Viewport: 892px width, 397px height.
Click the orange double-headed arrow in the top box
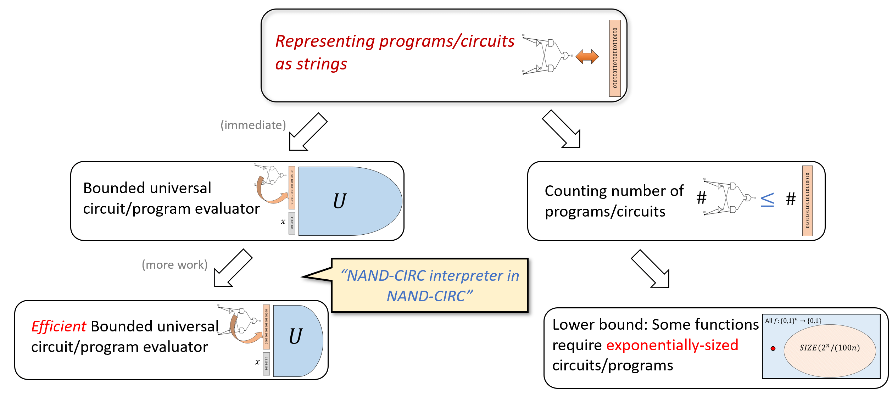tap(587, 57)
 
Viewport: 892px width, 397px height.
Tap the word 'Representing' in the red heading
tap(325, 41)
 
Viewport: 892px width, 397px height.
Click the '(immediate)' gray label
tap(253, 125)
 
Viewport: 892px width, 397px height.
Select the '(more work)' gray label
tap(174, 265)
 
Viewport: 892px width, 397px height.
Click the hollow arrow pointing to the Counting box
tap(562, 130)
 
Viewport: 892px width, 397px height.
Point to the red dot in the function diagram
tap(773, 348)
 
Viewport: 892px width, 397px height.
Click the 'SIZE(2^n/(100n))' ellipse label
tap(829, 348)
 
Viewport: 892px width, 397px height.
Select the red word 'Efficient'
tap(58, 326)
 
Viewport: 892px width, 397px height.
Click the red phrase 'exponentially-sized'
tap(672, 345)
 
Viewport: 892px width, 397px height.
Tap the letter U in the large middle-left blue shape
tap(339, 201)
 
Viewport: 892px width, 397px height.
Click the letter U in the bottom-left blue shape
tap(295, 336)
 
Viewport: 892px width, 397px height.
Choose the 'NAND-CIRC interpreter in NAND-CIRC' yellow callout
tap(429, 286)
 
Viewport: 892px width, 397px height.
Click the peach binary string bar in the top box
tap(615, 58)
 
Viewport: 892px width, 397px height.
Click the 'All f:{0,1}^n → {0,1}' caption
tap(793, 321)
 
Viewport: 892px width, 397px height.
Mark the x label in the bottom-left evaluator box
tap(257, 362)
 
